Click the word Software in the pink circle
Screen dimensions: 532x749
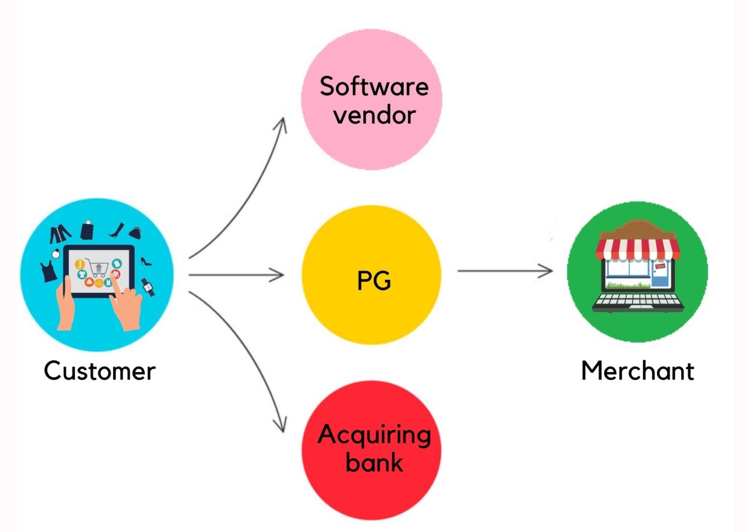374,86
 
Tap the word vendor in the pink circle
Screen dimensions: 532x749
374,115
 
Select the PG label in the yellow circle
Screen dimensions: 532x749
374,281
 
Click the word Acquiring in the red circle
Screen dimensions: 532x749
374,434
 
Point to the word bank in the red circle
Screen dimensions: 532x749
374,462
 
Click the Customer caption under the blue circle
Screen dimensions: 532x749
99,371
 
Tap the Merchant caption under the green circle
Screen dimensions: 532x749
637,371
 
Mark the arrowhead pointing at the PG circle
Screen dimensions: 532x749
279,275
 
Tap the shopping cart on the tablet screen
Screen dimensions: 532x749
98,268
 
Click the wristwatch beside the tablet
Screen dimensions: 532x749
148,287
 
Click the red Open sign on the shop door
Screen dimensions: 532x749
660,266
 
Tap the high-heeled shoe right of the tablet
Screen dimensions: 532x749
146,262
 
